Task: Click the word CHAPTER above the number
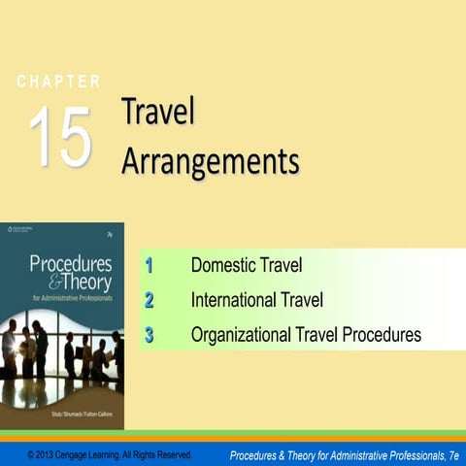click(58, 82)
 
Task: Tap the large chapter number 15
click(60, 136)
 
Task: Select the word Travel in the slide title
click(158, 113)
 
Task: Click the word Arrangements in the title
click(210, 160)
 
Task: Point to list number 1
click(150, 264)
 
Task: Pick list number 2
click(150, 299)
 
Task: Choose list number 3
click(150, 335)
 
